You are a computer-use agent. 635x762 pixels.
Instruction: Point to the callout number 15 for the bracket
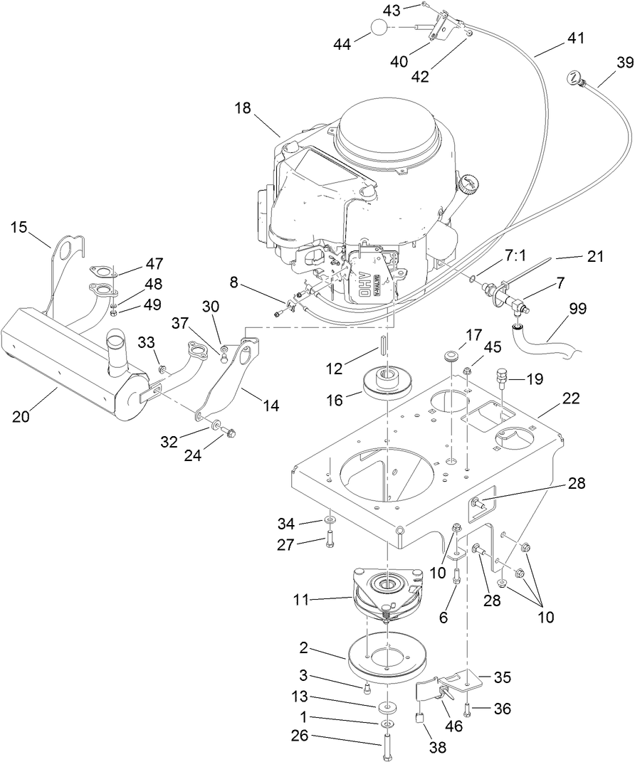pos(19,227)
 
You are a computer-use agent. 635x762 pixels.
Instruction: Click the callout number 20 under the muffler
pos(21,416)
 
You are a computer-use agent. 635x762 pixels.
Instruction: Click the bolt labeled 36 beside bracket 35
pos(467,709)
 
